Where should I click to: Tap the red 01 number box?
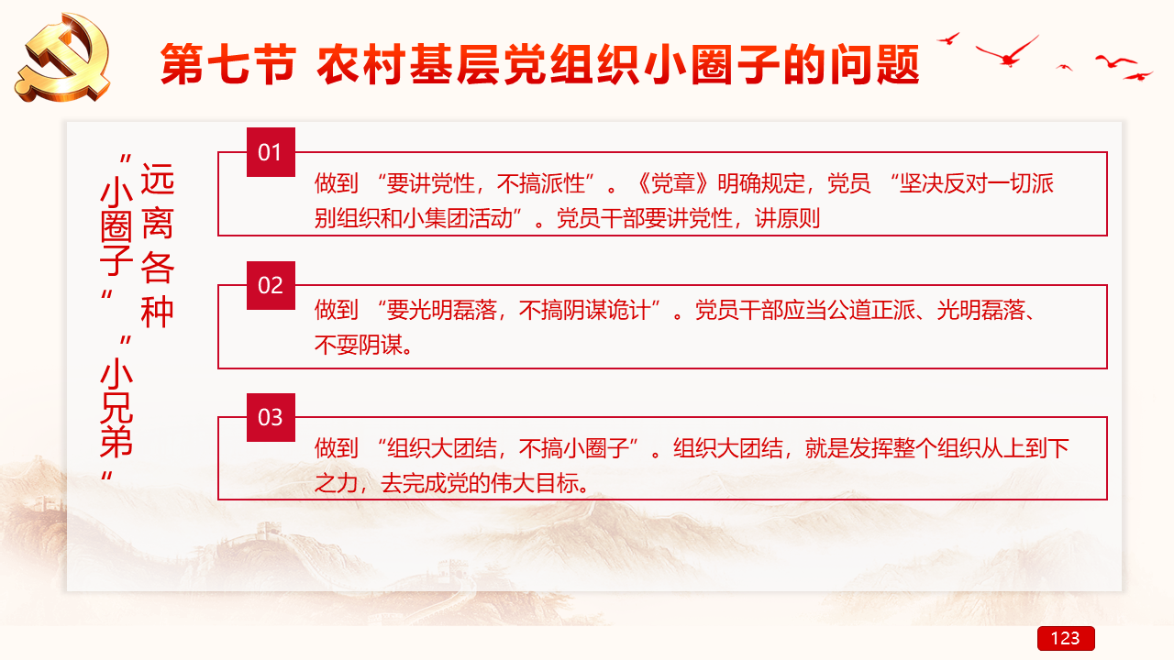coord(271,152)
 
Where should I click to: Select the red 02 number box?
coord(271,285)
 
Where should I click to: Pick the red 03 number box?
coord(271,417)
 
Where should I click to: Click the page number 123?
coord(1066,638)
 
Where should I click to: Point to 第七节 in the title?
coord(228,64)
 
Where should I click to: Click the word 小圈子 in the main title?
coord(714,64)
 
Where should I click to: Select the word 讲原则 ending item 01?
coord(788,218)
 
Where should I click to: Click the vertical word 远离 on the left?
coord(157,201)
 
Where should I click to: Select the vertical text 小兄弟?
coord(116,408)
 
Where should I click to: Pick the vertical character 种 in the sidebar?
coord(157,312)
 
